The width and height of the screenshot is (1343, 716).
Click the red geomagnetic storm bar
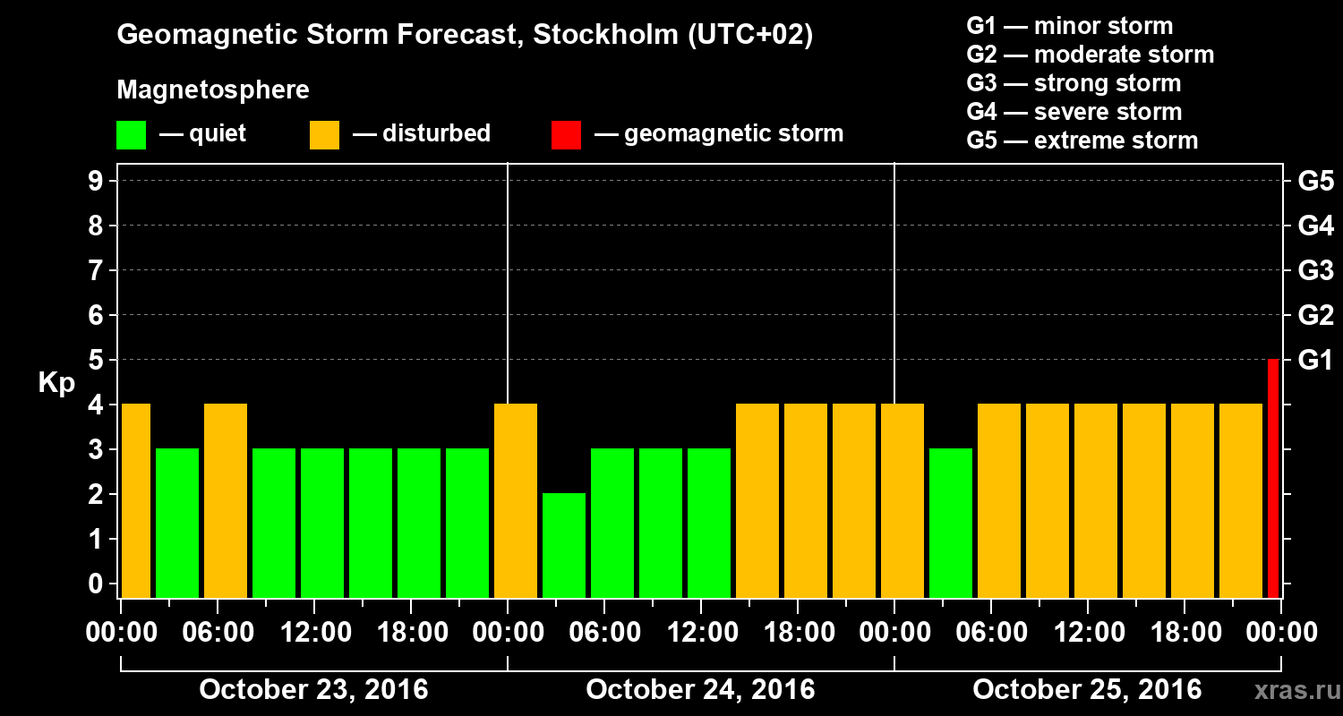point(1273,479)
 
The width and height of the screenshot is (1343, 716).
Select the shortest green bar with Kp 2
point(564,545)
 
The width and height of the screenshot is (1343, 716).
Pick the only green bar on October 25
point(951,523)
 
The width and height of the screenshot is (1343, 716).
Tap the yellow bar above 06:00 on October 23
point(226,500)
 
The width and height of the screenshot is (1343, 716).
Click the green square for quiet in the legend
point(131,134)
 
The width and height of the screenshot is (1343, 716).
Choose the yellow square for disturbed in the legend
point(324,134)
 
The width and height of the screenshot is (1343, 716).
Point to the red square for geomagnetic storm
point(566,134)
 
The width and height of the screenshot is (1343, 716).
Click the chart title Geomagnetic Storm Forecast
point(465,36)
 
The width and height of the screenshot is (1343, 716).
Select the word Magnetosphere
point(213,90)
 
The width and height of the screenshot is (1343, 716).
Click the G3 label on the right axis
point(1315,270)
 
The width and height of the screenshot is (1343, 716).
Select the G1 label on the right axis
point(1315,360)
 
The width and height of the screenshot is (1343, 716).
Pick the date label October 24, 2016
point(700,690)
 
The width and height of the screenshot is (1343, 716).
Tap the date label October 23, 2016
point(313,690)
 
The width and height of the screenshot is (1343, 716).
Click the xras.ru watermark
point(1290,691)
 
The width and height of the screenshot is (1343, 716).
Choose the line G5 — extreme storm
point(1082,141)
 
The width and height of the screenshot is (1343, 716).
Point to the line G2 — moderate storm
point(1090,55)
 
